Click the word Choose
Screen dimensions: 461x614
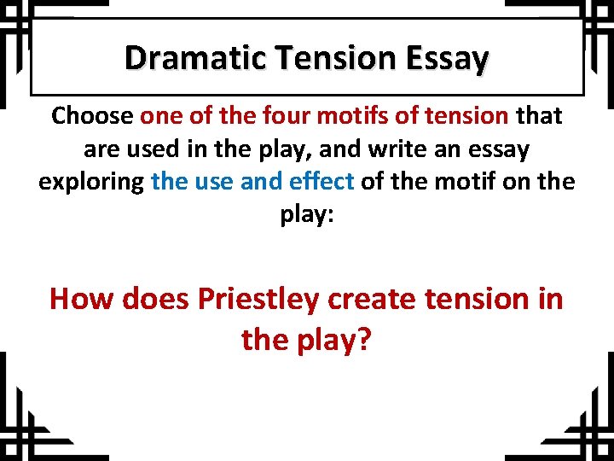[92, 115]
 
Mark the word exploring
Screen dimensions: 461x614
[90, 183]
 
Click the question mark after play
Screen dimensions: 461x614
[364, 340]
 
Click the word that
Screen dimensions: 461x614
[537, 115]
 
